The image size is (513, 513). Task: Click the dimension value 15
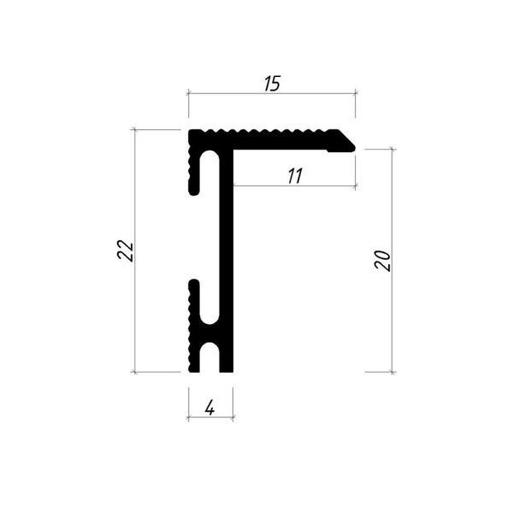pyautogui.click(x=272, y=84)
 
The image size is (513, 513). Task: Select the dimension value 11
pyautogui.click(x=295, y=175)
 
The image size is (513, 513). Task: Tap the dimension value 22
pyautogui.click(x=126, y=250)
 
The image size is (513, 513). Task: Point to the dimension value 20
pyautogui.click(x=382, y=260)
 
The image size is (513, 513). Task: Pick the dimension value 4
pyautogui.click(x=209, y=408)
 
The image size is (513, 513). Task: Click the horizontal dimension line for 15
pyautogui.click(x=272, y=93)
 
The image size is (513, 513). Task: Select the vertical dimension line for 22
pyautogui.click(x=135, y=251)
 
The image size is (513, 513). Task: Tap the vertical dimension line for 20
pyautogui.click(x=392, y=261)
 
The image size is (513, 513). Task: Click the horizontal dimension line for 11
pyautogui.click(x=294, y=186)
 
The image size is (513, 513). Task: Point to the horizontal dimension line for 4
pyautogui.click(x=210, y=417)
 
